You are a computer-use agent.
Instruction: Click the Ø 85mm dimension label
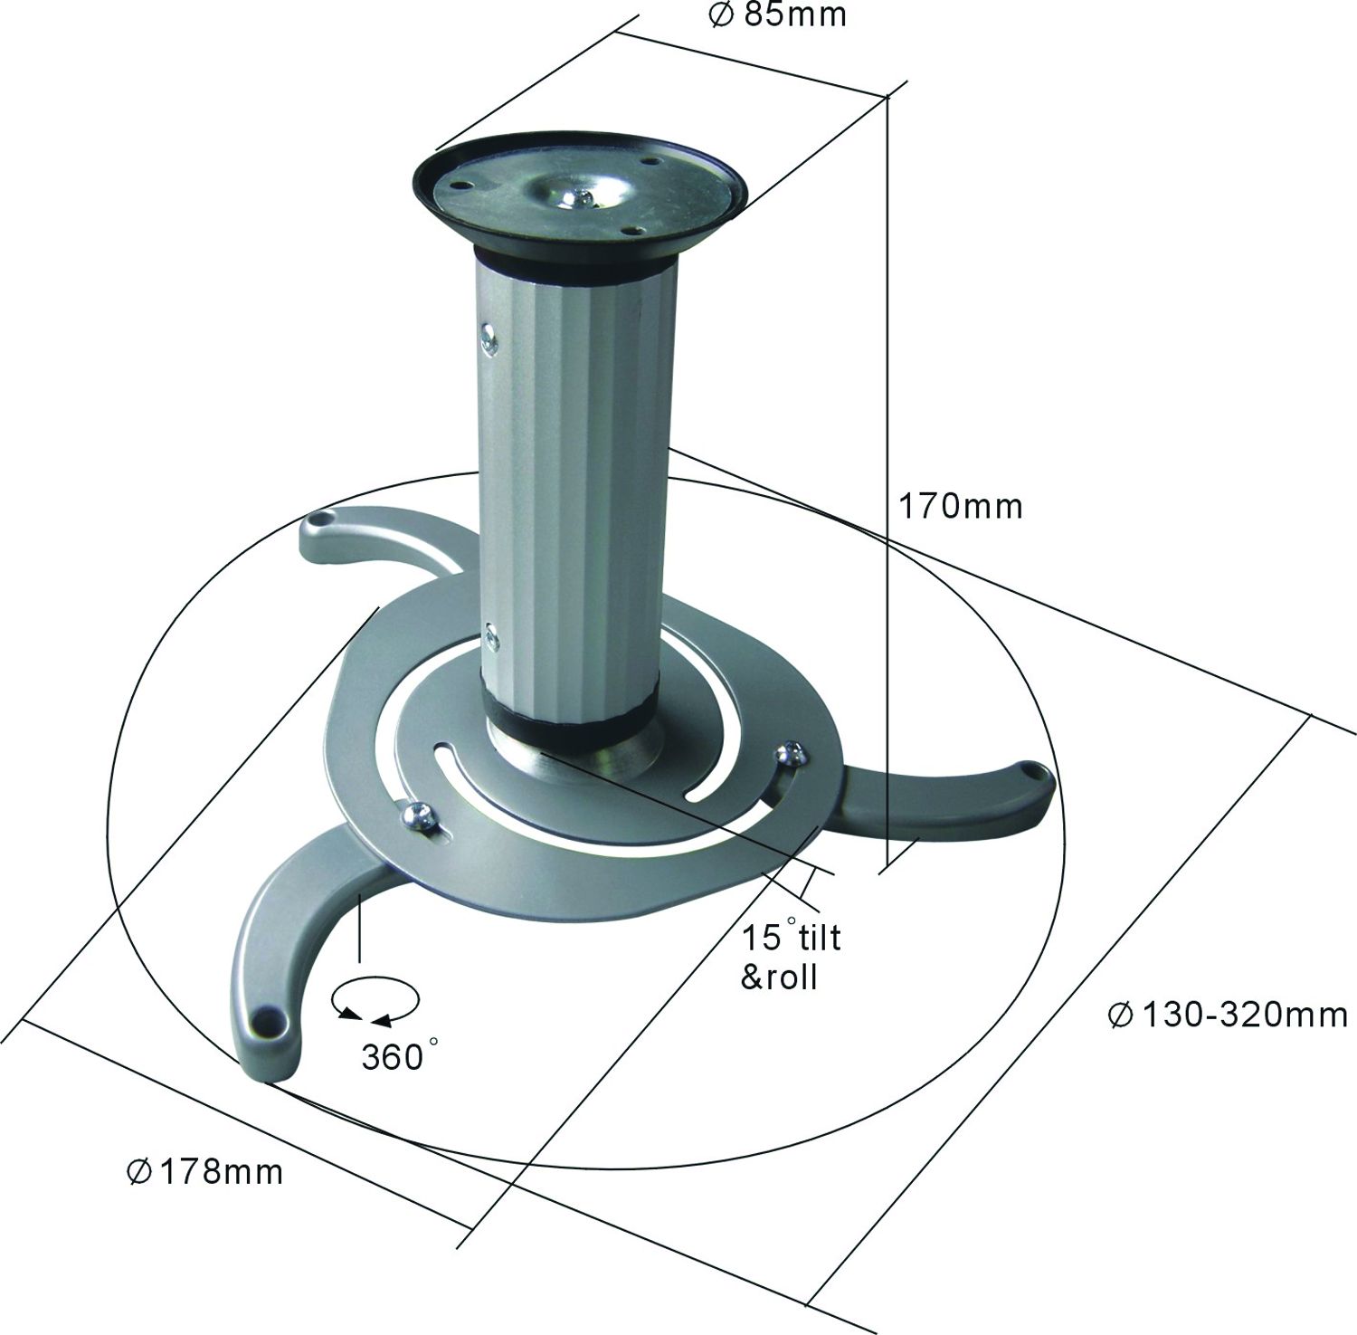(x=778, y=15)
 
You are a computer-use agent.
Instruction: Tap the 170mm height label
(x=960, y=506)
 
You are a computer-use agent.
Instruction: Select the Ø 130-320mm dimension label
(x=1228, y=1015)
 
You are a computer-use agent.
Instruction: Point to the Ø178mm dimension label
(x=204, y=1172)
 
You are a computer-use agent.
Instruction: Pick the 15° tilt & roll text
(x=791, y=956)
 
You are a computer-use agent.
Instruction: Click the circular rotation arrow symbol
(x=375, y=1003)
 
